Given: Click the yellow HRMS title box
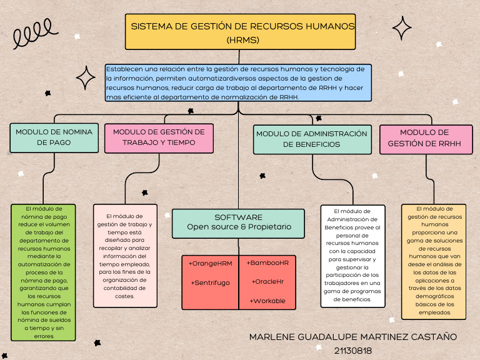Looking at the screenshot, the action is click(240, 32).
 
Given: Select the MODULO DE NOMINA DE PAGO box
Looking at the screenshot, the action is click(54, 137).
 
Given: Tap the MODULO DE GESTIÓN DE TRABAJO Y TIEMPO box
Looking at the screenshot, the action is click(159, 137).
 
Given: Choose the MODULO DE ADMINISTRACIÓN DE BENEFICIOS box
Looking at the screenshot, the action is click(311, 139).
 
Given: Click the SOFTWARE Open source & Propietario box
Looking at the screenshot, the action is click(239, 222).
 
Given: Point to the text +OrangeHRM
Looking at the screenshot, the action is click(210, 263).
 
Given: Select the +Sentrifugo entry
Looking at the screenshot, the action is click(210, 283).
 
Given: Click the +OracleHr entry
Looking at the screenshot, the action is click(267, 282).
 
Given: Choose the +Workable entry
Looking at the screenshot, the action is click(267, 301).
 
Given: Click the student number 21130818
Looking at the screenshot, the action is click(352, 351).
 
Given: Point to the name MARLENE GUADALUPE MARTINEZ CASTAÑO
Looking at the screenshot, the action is click(352, 337).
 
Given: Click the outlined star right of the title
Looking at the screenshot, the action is click(402, 28).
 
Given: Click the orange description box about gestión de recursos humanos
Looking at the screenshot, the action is click(433, 261).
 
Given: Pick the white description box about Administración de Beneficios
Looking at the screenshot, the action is click(352, 256).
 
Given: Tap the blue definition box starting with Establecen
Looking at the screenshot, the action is click(239, 82).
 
